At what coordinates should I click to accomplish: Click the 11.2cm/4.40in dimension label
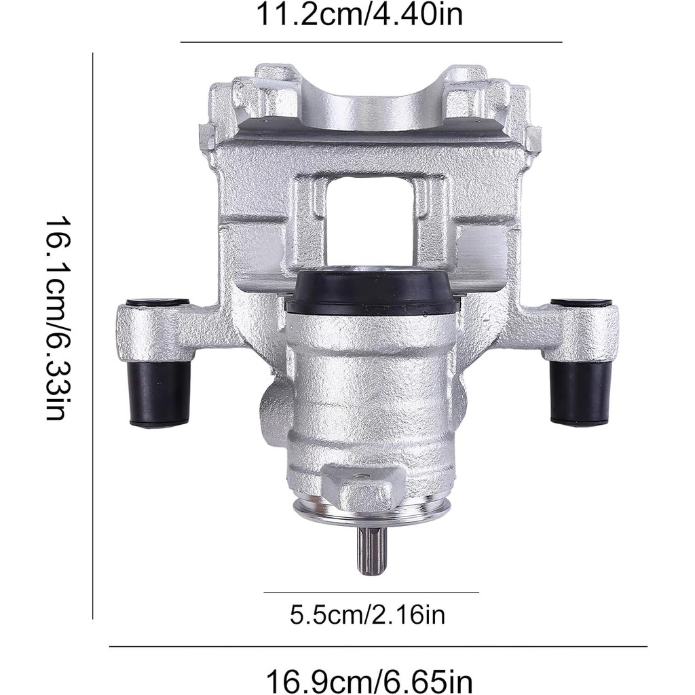point(360,14)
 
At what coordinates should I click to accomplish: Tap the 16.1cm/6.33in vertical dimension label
point(57,318)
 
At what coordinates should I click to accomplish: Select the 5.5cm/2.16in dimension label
point(367,615)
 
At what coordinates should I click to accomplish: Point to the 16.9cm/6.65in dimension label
point(369,680)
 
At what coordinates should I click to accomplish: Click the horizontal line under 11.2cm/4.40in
point(371,42)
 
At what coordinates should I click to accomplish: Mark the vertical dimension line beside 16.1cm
point(92,336)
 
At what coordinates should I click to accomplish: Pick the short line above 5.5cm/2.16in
point(371,592)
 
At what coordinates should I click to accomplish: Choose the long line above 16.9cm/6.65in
point(378,647)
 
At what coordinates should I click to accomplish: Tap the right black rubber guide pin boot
point(580,393)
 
